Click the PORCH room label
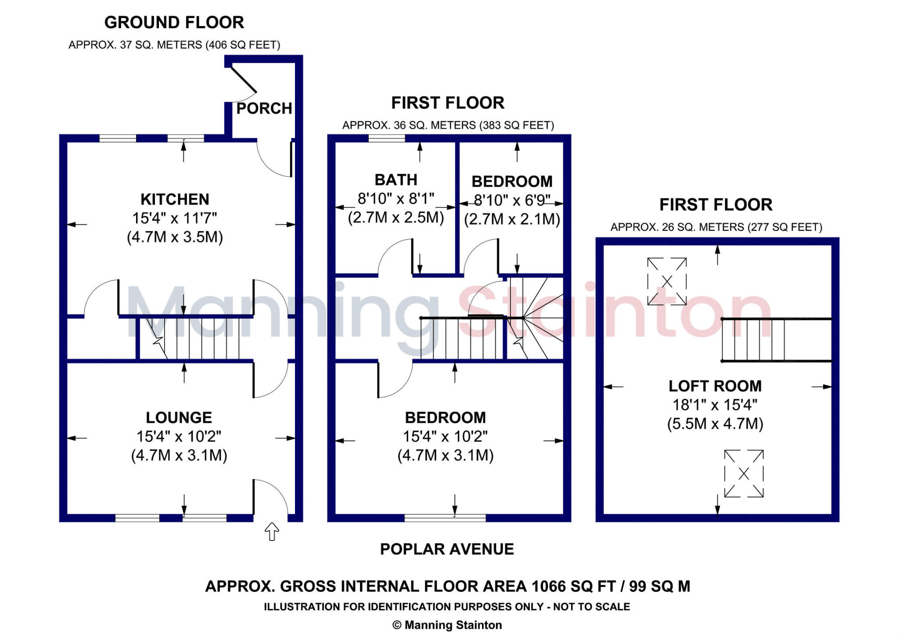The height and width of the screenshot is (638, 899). (x=264, y=108)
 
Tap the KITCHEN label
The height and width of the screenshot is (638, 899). (x=175, y=199)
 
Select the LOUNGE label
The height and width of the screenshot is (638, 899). (x=179, y=417)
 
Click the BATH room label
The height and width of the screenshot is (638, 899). (x=396, y=180)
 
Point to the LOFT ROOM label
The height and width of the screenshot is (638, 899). (x=715, y=386)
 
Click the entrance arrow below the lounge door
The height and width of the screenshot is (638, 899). (x=272, y=531)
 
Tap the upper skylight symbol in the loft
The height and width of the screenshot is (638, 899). (x=667, y=281)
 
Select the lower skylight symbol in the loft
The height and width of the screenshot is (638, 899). (x=744, y=473)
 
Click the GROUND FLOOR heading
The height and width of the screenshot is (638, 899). (x=174, y=22)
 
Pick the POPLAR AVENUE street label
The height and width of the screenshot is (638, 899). (x=447, y=549)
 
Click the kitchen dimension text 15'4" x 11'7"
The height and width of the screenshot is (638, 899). (x=175, y=218)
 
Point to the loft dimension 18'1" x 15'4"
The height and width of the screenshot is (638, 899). (x=715, y=405)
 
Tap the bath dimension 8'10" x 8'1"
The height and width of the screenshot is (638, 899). (x=396, y=199)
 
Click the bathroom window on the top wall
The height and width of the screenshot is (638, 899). (x=386, y=139)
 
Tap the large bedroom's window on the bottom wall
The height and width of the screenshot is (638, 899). (x=445, y=518)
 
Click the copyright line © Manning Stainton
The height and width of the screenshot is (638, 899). (x=447, y=625)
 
